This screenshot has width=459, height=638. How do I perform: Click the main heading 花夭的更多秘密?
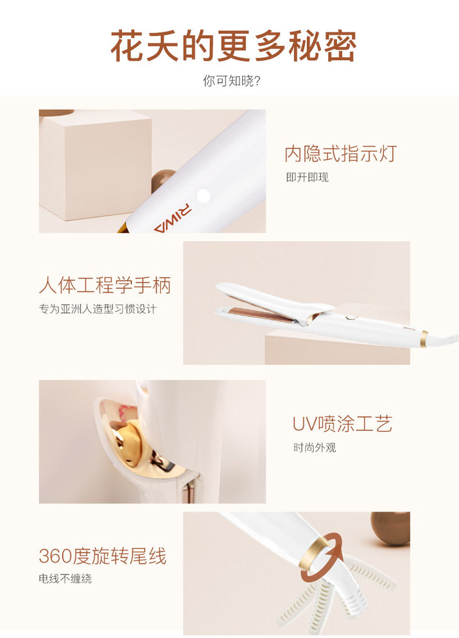pos(233,46)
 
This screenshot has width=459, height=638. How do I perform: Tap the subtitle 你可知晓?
pos(231,81)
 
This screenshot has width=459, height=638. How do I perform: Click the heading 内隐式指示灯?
pos(341,154)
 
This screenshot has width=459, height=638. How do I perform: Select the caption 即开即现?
pos(307,178)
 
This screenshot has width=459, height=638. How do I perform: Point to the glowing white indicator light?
pos(203,196)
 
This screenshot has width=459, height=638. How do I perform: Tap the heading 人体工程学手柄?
pos(105,285)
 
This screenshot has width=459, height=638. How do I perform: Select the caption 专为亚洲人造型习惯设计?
pos(97,309)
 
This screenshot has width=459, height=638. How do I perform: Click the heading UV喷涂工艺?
pos(342,424)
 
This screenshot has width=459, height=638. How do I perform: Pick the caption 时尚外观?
pos(315,448)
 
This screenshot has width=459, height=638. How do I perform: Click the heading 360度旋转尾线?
pos(102,556)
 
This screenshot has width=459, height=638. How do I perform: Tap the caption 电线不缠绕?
pos(65,578)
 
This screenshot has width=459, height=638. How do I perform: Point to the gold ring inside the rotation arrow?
pos(314,553)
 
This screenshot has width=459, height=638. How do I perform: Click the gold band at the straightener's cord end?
pos(424,339)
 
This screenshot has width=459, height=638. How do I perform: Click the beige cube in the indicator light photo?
pos(96,165)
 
